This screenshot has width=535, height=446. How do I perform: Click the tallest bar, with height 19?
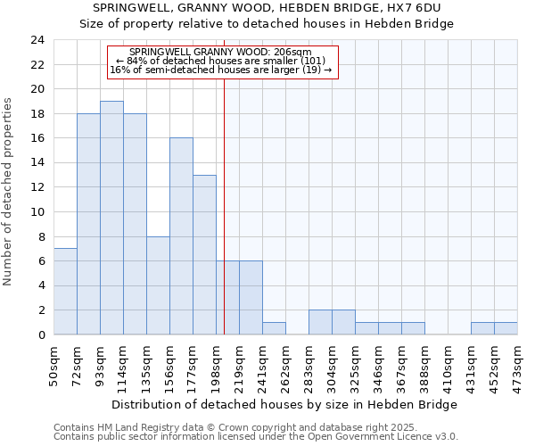tap(111, 218)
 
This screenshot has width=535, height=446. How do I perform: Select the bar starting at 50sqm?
tap(65, 291)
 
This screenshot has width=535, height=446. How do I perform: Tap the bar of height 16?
tap(181, 236)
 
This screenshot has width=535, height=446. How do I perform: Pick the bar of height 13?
tap(204, 254)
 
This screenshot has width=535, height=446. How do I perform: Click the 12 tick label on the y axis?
tap(37, 187)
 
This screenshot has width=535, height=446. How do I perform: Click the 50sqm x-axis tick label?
tap(54, 364)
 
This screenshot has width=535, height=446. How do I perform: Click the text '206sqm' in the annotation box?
tap(293, 53)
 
